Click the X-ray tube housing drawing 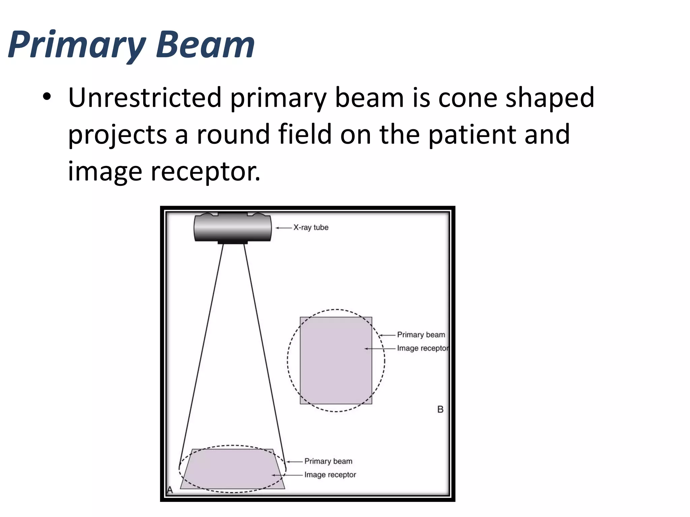[x=232, y=228]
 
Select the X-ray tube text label [x=311, y=228]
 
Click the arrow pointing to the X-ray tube [x=284, y=228]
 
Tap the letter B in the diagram [x=440, y=409]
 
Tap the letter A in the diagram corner [x=170, y=490]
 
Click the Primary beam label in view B [x=421, y=335]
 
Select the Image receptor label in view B [x=422, y=348]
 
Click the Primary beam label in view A [x=328, y=461]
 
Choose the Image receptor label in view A [x=330, y=475]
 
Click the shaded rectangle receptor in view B [x=336, y=360]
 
